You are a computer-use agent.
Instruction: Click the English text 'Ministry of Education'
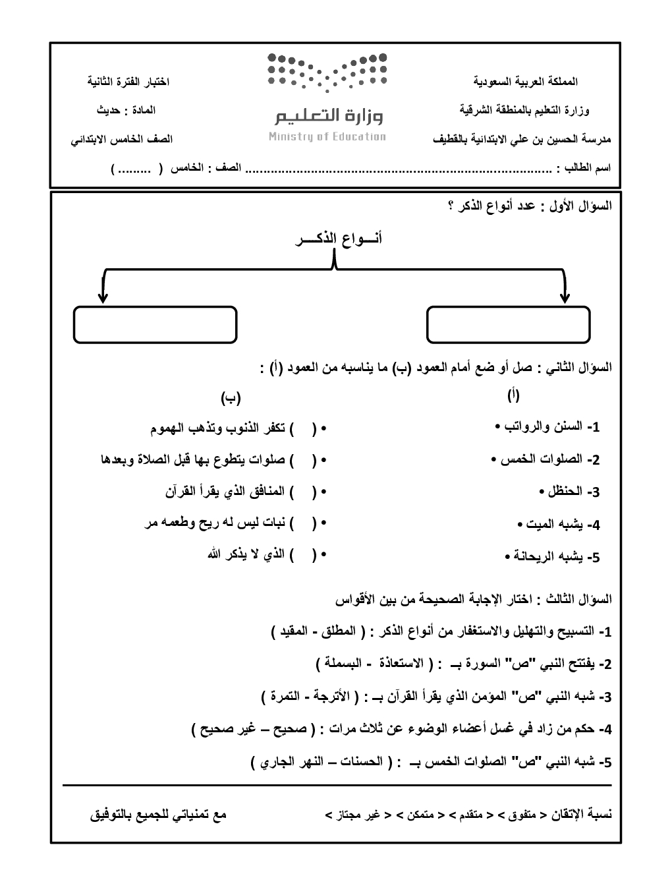[x=327, y=137]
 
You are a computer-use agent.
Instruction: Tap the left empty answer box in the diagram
[x=155, y=324]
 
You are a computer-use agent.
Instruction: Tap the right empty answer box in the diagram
[x=507, y=324]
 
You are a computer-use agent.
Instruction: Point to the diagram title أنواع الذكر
[x=338, y=239]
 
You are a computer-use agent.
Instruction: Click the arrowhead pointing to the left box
[x=102, y=298]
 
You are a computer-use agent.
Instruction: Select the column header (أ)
[x=513, y=395]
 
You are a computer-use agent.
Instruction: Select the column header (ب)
[x=231, y=397]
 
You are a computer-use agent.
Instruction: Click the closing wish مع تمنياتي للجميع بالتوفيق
[x=158, y=815]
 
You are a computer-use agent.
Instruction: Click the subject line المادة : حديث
[x=126, y=110]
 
